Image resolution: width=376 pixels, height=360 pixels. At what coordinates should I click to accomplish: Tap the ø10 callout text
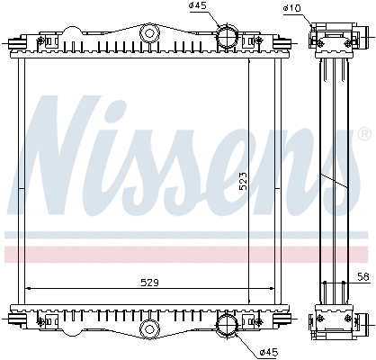[291, 8]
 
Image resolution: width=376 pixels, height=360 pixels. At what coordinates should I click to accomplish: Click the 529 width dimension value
[150, 282]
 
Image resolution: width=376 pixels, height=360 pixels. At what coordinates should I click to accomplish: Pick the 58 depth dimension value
[362, 278]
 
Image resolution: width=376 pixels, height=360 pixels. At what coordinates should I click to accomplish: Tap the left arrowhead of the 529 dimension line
[27, 288]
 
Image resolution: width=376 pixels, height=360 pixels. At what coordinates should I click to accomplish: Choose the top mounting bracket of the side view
[330, 40]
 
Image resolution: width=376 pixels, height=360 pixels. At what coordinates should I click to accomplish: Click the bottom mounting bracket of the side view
[331, 321]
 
